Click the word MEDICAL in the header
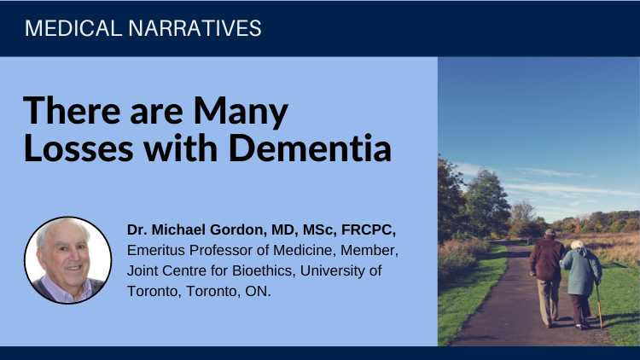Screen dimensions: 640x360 (73, 28)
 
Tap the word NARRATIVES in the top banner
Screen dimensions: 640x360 (195, 28)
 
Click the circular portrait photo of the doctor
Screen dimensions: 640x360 (67, 260)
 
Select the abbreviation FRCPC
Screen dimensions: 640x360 (368, 229)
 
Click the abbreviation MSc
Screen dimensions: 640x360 (317, 229)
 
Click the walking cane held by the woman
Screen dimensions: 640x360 (599, 305)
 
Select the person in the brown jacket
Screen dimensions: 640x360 (548, 277)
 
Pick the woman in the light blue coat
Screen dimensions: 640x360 (582, 284)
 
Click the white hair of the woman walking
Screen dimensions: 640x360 (577, 245)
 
